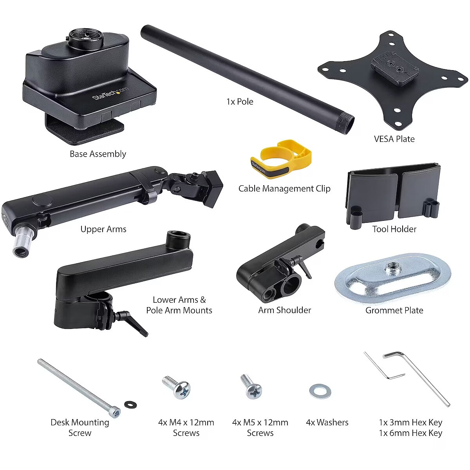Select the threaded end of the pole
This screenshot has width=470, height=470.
coord(345,125)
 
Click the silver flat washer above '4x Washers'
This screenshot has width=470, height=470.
coord(320,391)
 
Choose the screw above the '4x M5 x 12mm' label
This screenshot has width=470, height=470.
coord(251,387)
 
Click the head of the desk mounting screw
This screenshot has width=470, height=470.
coord(115,412)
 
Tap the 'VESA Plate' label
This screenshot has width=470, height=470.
coord(394,139)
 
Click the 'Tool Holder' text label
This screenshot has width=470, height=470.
coord(394,229)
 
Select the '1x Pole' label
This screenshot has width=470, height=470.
coord(240,101)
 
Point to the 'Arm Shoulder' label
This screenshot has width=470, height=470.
coord(285,310)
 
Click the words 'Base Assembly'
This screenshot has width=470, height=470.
coord(98,154)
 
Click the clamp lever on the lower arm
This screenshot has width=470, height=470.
coord(132,322)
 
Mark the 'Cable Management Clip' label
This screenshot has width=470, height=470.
coord(284,188)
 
